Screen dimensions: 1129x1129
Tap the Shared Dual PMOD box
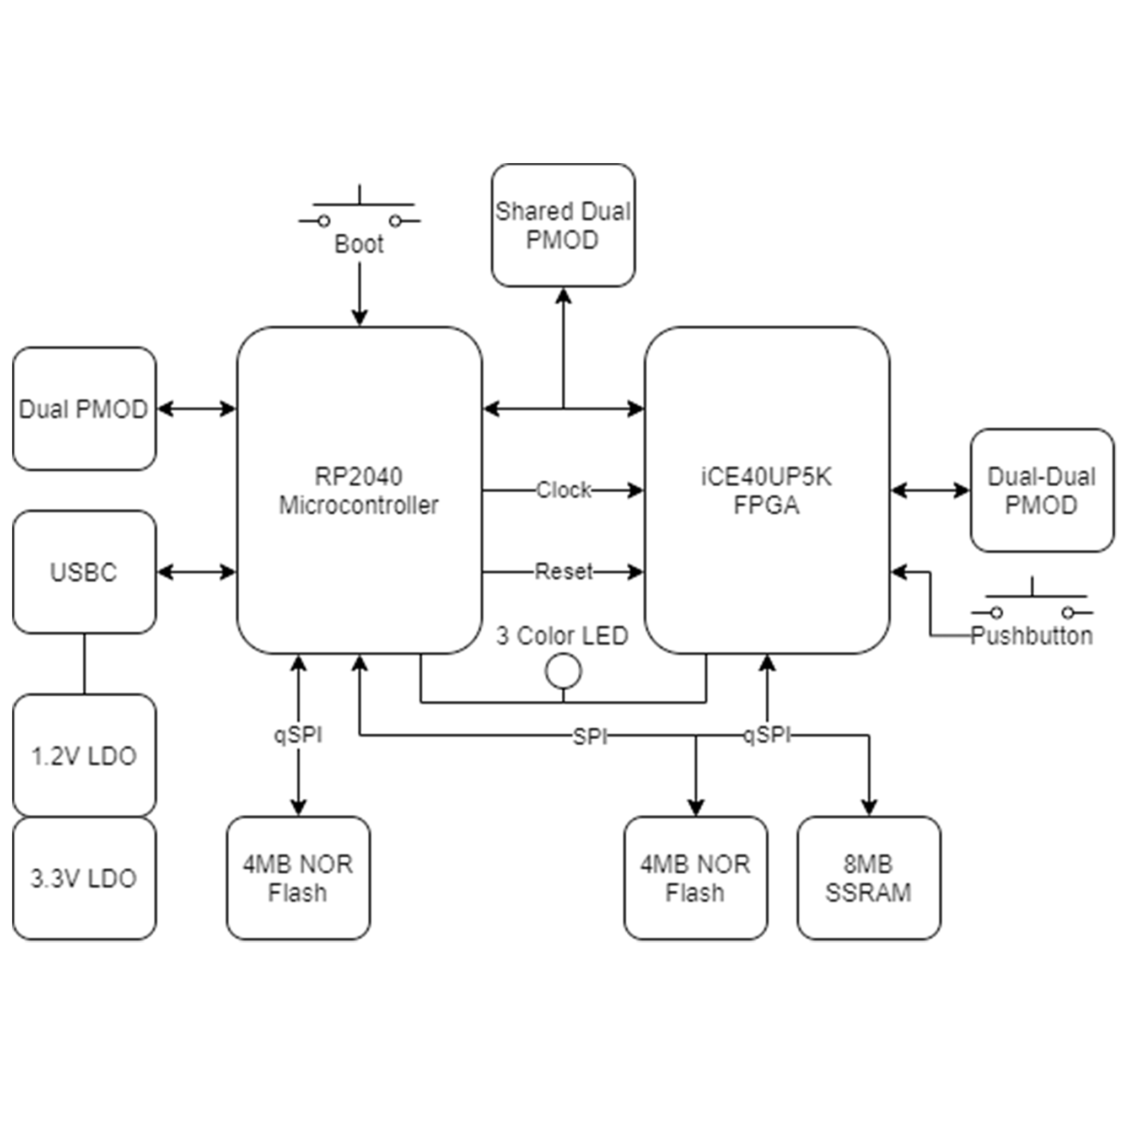click(x=563, y=225)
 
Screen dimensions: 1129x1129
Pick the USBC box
click(x=84, y=572)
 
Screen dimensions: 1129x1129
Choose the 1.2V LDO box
click(x=84, y=756)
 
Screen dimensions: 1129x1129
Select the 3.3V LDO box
click(x=84, y=878)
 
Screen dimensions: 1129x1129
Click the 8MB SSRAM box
click(x=868, y=878)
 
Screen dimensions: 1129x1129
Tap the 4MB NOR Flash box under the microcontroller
click(x=298, y=878)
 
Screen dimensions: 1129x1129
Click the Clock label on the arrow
click(x=563, y=490)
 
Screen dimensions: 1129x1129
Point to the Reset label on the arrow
click(x=563, y=571)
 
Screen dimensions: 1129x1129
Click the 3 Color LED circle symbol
click(x=563, y=671)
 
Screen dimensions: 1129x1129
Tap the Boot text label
click(x=359, y=244)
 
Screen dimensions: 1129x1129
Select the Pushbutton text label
click(x=1031, y=636)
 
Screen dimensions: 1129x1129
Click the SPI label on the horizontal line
click(x=590, y=737)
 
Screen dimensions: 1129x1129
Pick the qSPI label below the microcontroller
click(x=298, y=734)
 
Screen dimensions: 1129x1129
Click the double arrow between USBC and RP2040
click(x=196, y=572)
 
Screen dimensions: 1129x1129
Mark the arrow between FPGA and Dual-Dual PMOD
click(x=930, y=490)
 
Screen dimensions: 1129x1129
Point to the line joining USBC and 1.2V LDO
click(x=84, y=664)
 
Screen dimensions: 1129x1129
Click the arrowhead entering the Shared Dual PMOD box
click(x=563, y=295)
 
